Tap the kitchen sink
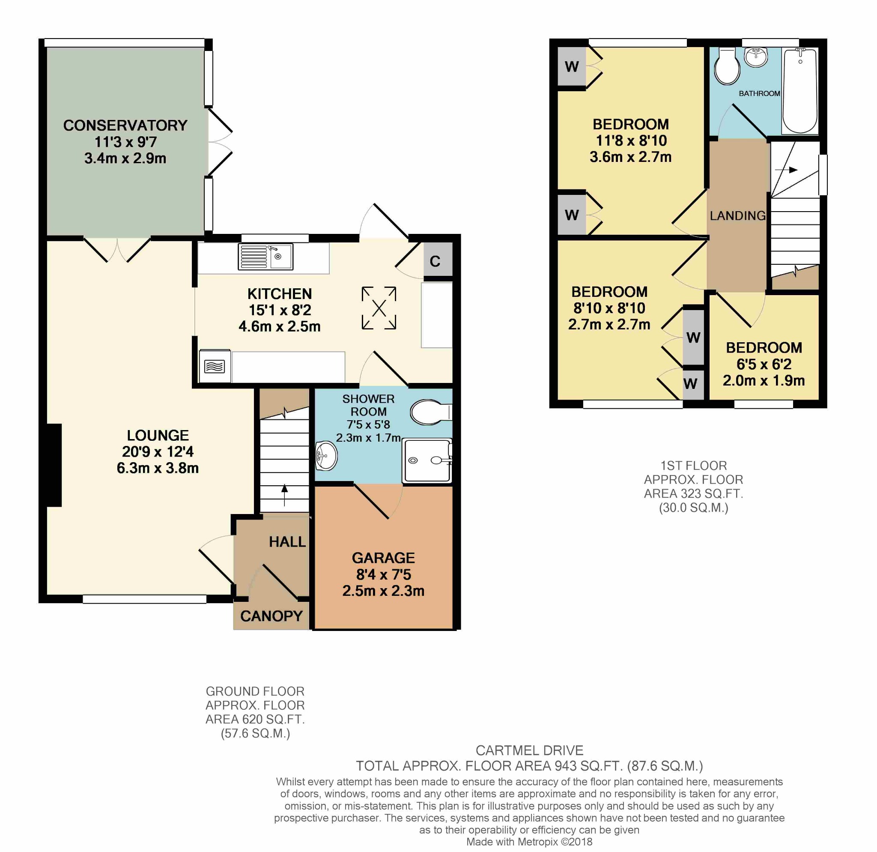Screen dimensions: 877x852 pos(265,257)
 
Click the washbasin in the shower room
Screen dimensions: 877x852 pos(326,456)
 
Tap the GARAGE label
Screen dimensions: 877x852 pos(383,558)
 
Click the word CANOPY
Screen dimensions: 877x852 pos(271,616)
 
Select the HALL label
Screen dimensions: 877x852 pos(287,542)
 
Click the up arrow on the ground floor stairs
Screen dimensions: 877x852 pos(285,495)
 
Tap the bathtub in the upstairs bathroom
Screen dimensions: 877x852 pos(800,91)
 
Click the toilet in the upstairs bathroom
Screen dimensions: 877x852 pos(727,67)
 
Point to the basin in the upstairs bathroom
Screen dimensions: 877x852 pos(756,57)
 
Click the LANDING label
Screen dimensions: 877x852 pos(738,216)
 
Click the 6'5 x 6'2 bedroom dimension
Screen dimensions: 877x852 pos(764,364)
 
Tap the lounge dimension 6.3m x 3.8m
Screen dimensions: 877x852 pos(158,468)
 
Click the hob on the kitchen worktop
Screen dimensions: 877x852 pos(215,367)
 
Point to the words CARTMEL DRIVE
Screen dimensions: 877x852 pos(529,750)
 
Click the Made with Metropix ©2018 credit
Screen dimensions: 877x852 pos(529,842)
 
